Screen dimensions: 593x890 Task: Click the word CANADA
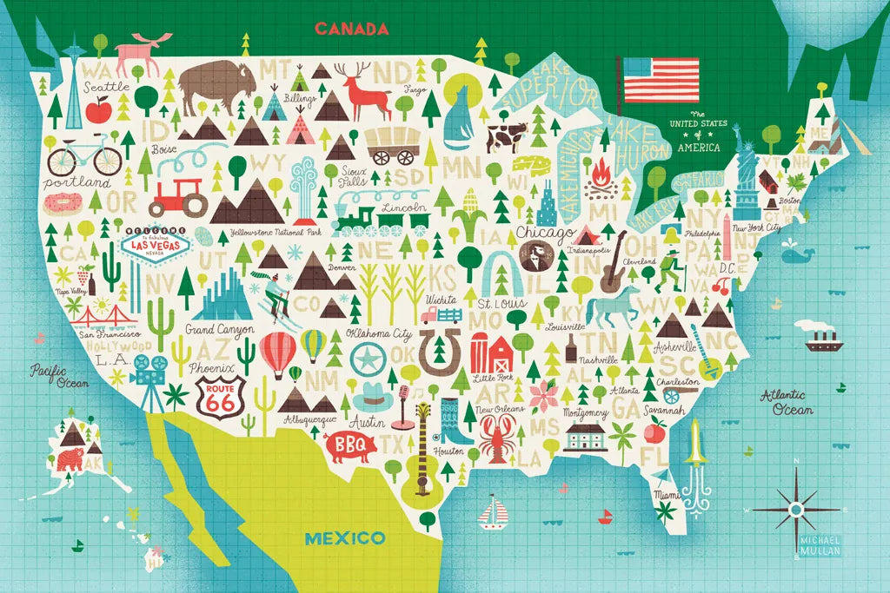[x=351, y=30]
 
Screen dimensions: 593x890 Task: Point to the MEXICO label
[x=345, y=538]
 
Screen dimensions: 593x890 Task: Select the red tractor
[x=180, y=197]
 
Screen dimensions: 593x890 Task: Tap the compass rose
[x=794, y=508]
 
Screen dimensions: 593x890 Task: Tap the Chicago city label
[x=545, y=233]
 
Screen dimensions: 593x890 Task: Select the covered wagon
[x=390, y=144]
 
